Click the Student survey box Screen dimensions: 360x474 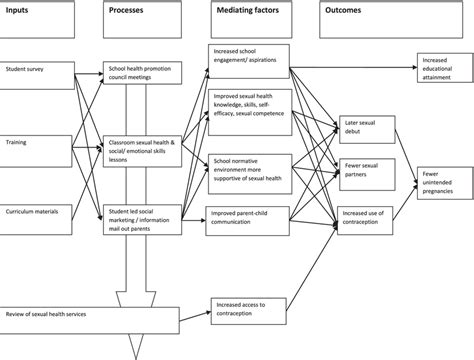[x=35, y=71]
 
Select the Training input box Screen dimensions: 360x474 [x=35, y=142]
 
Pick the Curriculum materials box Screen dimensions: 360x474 [x=35, y=213]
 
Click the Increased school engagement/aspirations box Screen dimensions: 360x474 [x=249, y=56]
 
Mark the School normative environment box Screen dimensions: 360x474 [x=249, y=166]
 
